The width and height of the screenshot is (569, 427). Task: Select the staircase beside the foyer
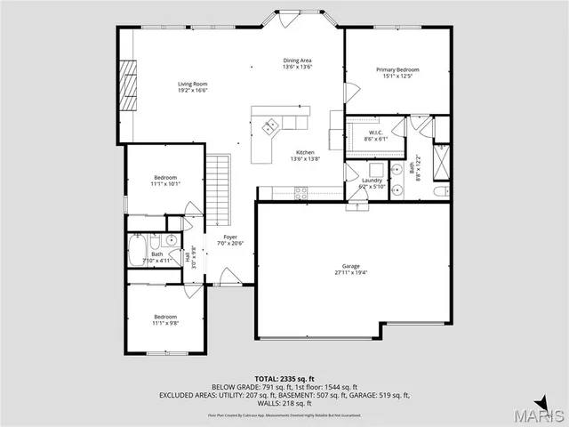point(219,190)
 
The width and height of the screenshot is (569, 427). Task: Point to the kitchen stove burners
point(301,190)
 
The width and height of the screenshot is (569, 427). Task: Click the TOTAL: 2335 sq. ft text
point(284,379)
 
